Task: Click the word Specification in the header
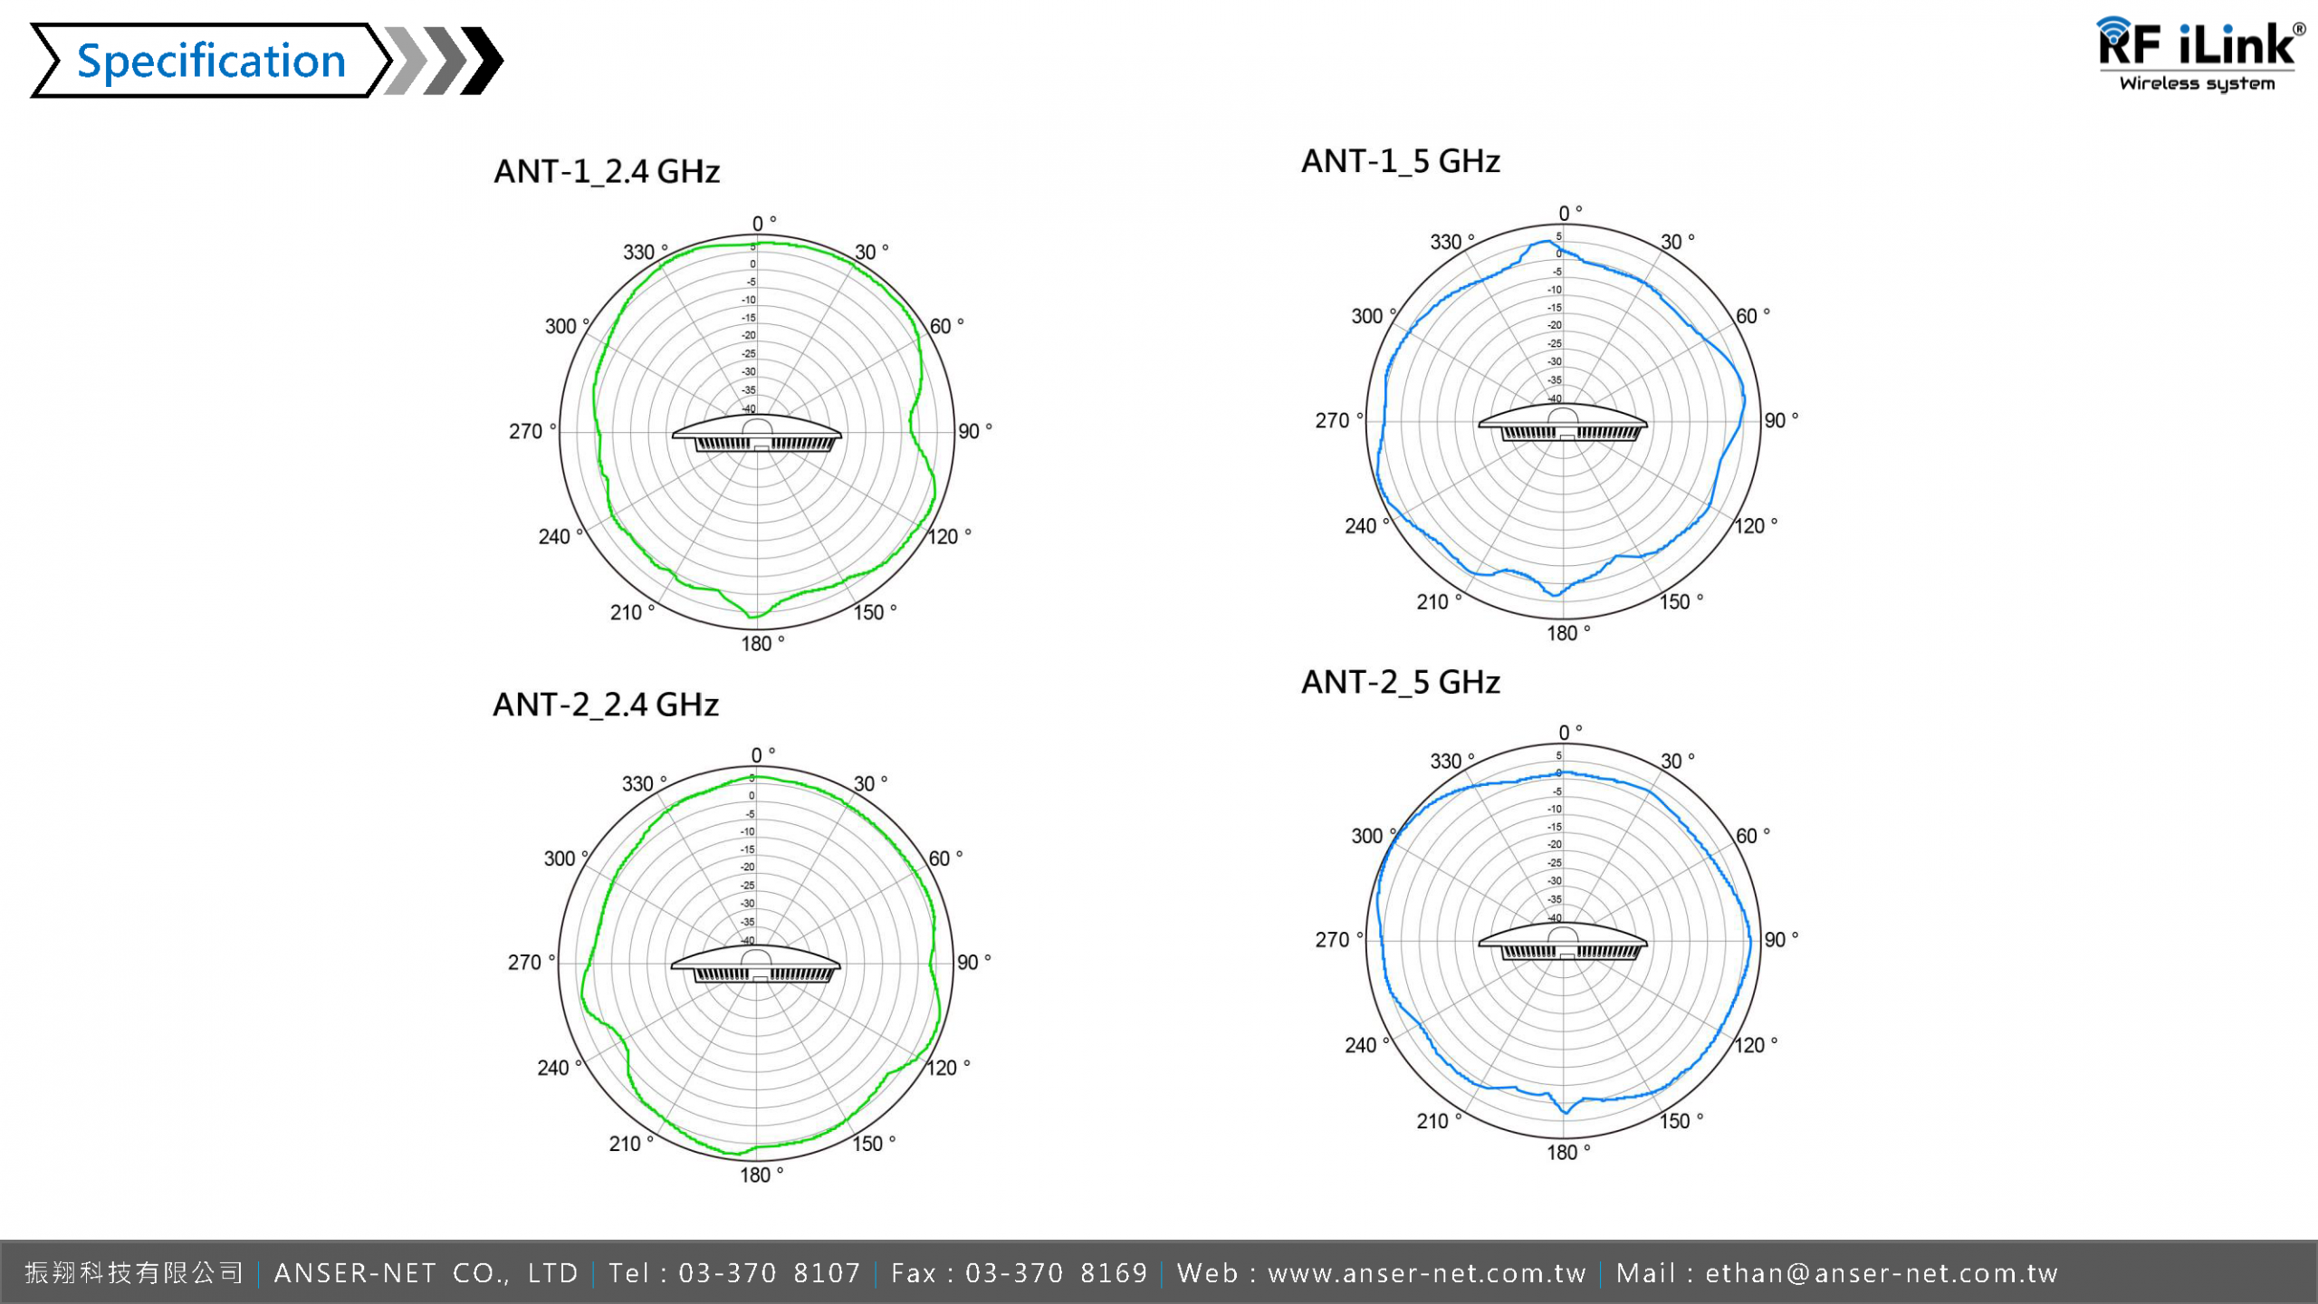tap(211, 62)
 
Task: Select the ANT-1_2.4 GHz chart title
tap(607, 171)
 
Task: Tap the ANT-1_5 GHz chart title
tap(1401, 161)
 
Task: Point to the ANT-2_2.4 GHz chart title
tap(606, 705)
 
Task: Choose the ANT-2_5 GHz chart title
tap(1401, 682)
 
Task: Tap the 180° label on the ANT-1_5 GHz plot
tap(1566, 633)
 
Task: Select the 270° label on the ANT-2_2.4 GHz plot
tap(528, 962)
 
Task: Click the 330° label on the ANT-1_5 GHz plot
tap(1450, 242)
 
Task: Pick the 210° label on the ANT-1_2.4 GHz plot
tap(629, 612)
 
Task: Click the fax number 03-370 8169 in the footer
tap(1056, 1273)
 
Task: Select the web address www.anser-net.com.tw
tap(1427, 1273)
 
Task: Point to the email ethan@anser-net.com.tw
tap(1882, 1273)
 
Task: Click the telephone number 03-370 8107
tap(769, 1273)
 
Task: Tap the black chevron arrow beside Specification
tap(483, 62)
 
